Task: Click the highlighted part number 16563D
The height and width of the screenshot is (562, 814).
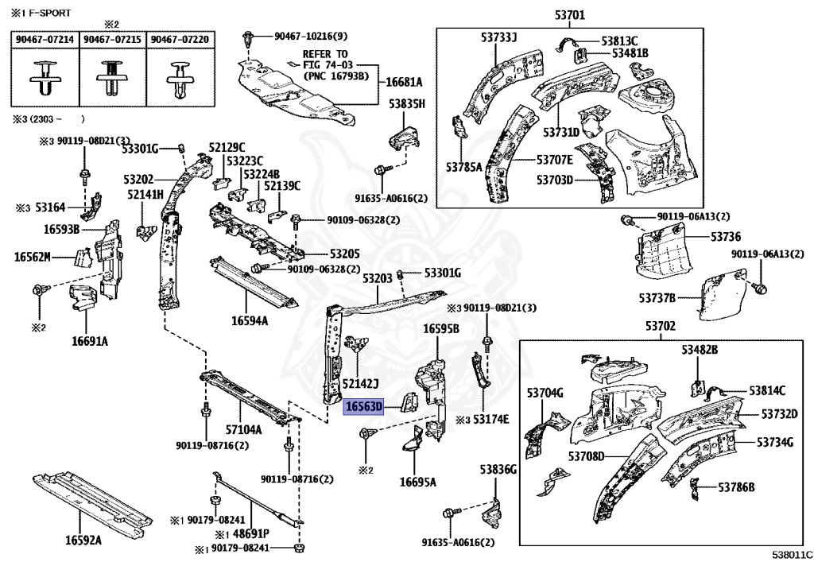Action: coord(363,406)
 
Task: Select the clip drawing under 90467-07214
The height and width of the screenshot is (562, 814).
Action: coord(45,76)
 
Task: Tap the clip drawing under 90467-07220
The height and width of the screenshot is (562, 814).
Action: coord(180,76)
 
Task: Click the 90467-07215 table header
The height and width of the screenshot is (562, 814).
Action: coord(113,39)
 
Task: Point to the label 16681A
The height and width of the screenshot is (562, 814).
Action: coord(404,82)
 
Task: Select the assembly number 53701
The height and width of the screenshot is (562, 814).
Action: coord(569,14)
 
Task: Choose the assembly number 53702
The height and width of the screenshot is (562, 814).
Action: coord(660,326)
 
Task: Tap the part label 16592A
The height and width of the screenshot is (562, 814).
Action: coord(83,541)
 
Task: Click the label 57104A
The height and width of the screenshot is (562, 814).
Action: coord(243,429)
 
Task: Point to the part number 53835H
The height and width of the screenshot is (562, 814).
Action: coord(407,104)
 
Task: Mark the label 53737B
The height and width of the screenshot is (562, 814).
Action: coord(657,298)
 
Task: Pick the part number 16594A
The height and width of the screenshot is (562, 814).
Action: coord(250,320)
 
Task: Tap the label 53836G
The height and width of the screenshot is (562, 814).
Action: coord(498,470)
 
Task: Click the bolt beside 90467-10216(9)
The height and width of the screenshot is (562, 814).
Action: coord(250,37)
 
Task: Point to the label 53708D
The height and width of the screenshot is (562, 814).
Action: coord(587,455)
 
